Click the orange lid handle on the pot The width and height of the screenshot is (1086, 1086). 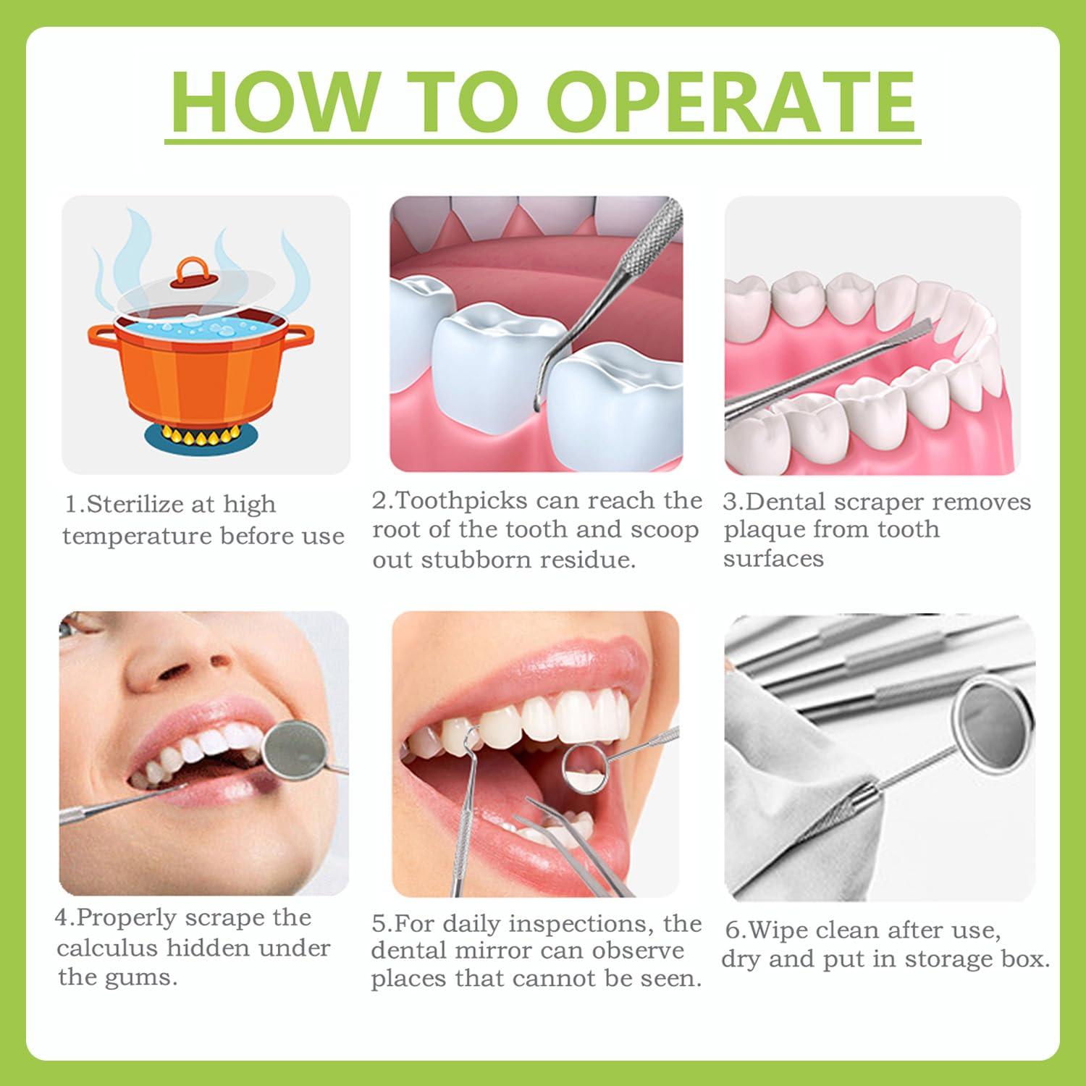tap(190, 273)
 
